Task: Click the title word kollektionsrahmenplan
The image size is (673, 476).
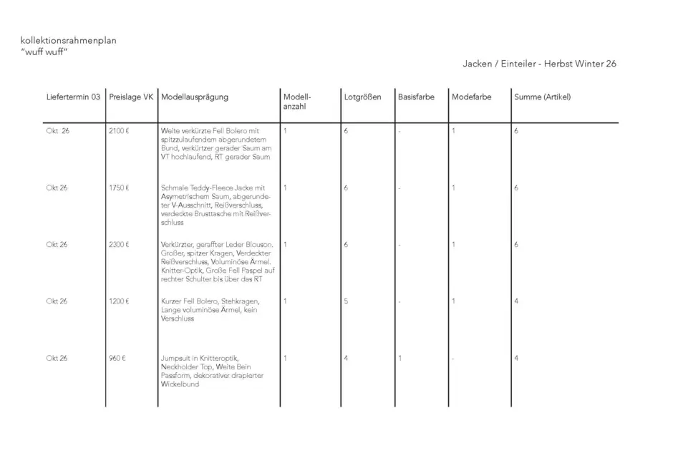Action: point(69,41)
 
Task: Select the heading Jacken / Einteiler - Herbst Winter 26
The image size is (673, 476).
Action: point(539,64)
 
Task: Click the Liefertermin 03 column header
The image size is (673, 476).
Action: point(73,97)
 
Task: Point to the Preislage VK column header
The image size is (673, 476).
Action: point(131,97)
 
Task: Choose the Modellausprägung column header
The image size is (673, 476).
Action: point(195,97)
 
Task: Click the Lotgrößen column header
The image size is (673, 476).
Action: point(362,97)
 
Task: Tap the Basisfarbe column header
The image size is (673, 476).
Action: point(416,97)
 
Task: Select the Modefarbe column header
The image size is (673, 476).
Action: point(472,97)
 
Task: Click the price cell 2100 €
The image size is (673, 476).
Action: point(119,131)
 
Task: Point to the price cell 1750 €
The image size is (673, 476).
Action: point(119,188)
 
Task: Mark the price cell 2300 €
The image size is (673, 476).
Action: point(119,244)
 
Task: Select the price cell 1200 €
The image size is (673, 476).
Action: point(119,301)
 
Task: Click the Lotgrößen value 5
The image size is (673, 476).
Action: point(346,301)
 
